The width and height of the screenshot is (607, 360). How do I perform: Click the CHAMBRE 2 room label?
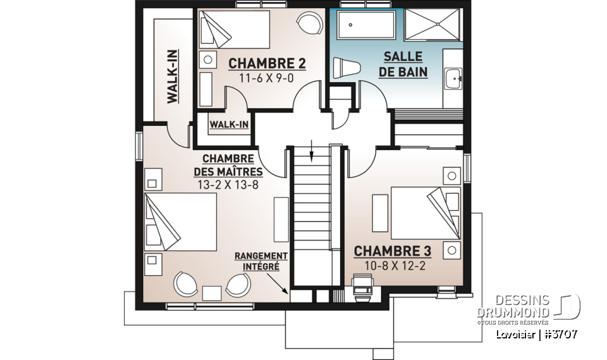coord(267,63)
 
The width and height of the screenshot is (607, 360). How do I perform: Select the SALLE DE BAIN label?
coord(403,65)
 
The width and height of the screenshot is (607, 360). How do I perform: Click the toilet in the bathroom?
coord(346,68)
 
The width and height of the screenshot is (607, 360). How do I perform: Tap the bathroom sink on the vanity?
coord(454,80)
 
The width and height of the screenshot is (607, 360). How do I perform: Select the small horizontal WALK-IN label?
coord(229,125)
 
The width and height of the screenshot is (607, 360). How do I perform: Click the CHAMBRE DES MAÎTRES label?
coord(228,165)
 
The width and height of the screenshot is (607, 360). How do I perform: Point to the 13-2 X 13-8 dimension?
coord(228,185)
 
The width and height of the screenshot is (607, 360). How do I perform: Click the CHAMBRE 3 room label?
coord(392,251)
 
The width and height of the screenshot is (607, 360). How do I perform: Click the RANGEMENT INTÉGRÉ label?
coord(261,261)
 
